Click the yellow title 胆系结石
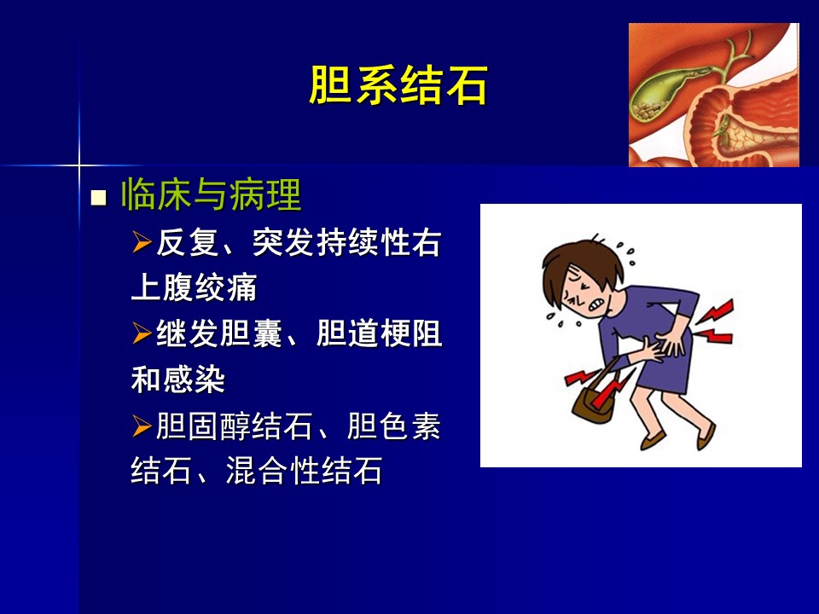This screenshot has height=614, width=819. pos(398,85)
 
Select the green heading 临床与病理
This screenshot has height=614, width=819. pos(211,194)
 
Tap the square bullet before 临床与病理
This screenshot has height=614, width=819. pos(98,198)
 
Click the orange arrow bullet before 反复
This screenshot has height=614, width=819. pos(142,242)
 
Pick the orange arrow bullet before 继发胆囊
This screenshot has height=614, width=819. pos(142,333)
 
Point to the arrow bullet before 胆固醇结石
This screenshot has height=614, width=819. pos(142,426)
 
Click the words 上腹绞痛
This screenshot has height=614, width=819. pos(194,287)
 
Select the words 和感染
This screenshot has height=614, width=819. pos(177,379)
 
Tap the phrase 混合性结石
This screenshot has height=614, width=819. pos(304,471)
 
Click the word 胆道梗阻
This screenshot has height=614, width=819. pos(379,333)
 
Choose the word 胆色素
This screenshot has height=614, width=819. pos(394,426)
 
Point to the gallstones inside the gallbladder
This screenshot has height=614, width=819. pos(648,110)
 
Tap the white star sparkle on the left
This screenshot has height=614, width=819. pos(79,166)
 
